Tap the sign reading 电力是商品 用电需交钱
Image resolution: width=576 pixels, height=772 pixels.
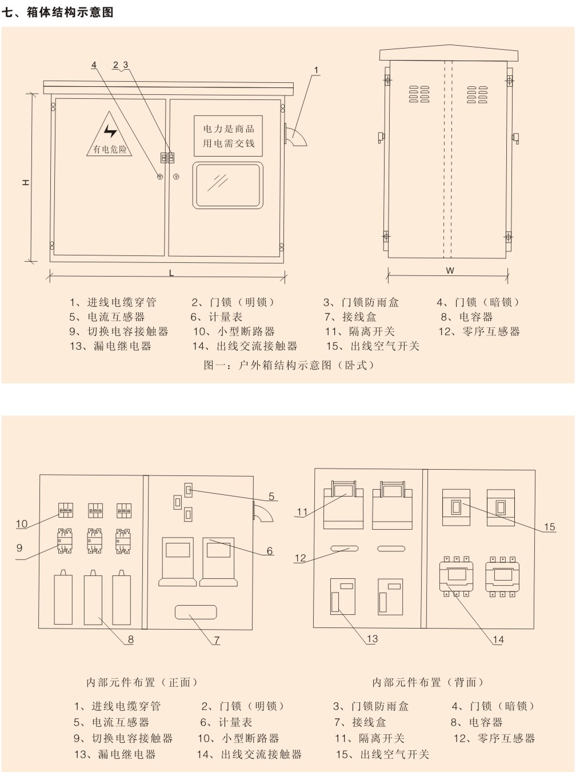(x=229, y=136)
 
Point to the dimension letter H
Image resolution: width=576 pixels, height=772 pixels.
(x=26, y=182)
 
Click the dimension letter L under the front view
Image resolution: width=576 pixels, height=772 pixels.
(x=171, y=273)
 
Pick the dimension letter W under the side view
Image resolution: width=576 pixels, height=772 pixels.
(x=450, y=270)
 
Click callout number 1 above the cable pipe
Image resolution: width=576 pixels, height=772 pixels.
(x=316, y=70)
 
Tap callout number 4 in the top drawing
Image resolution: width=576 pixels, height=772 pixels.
(x=94, y=65)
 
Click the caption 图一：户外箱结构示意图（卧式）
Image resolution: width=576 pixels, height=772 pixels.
(x=289, y=365)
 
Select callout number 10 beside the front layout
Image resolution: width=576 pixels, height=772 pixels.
(x=22, y=523)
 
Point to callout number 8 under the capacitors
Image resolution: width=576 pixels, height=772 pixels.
(x=130, y=639)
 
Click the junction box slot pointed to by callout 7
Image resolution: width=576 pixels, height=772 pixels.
(x=195, y=612)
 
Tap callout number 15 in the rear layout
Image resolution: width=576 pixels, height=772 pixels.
(x=549, y=526)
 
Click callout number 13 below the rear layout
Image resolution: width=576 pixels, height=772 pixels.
(x=372, y=638)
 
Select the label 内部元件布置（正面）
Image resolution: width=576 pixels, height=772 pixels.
(x=142, y=682)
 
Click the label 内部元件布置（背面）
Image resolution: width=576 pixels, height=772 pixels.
(x=428, y=682)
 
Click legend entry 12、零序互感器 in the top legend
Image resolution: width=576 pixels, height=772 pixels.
(x=479, y=331)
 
